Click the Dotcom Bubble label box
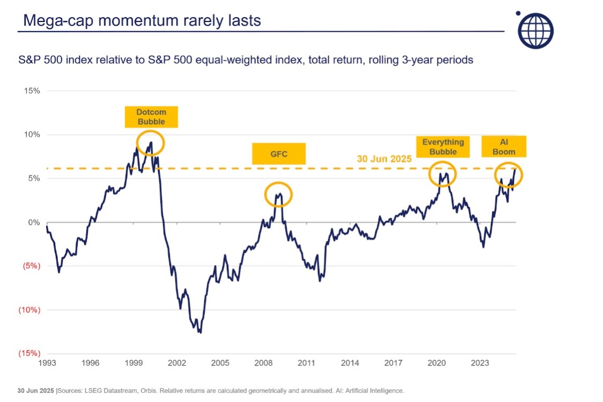151,117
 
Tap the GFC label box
278,154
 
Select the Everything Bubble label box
443,147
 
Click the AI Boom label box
503,147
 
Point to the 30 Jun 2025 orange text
385,159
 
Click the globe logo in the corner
535,29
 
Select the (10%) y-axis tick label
30,310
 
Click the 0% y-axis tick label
34,222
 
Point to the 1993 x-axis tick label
47,363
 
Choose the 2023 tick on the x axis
480,363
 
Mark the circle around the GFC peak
278,194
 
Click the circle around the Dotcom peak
150,143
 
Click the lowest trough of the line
200,332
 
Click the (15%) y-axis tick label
30,353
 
